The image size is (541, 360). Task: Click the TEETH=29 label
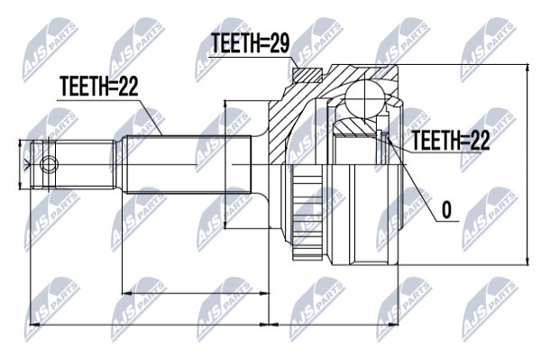(x=250, y=43)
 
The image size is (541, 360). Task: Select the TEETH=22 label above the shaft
(x=98, y=86)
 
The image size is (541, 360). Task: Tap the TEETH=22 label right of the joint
(x=452, y=141)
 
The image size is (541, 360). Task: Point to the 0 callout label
(x=446, y=209)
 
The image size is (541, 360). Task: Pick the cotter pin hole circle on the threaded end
(x=49, y=164)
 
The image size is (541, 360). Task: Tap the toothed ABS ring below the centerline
(x=307, y=212)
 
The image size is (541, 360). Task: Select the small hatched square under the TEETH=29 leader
(x=307, y=75)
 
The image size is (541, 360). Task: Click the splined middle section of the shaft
(x=188, y=164)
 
